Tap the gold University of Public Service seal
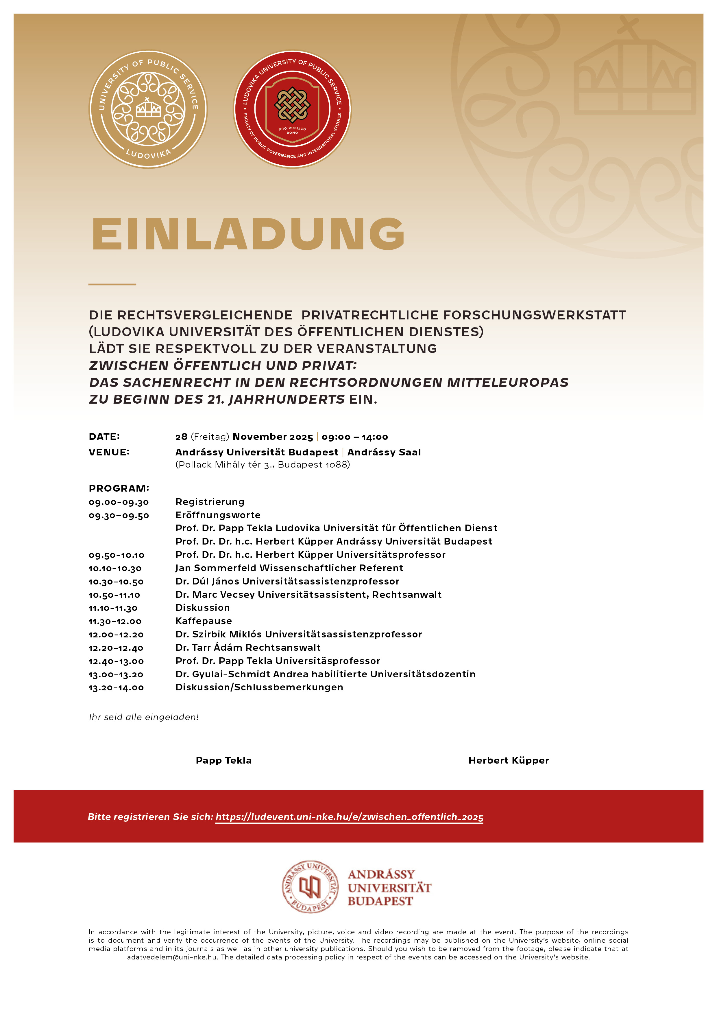tap(148, 109)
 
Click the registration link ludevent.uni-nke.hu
tap(349, 817)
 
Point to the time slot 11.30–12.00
tap(115, 621)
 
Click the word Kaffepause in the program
tap(204, 621)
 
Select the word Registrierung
tap(210, 502)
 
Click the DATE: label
tap(104, 437)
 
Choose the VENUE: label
tap(109, 452)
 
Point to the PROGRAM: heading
tap(119, 488)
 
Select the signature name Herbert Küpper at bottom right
tap(509, 760)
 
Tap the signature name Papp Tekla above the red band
tap(223, 760)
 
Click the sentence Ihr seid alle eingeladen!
tap(144, 717)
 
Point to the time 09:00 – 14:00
tap(355, 437)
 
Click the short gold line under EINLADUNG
tap(112, 284)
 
